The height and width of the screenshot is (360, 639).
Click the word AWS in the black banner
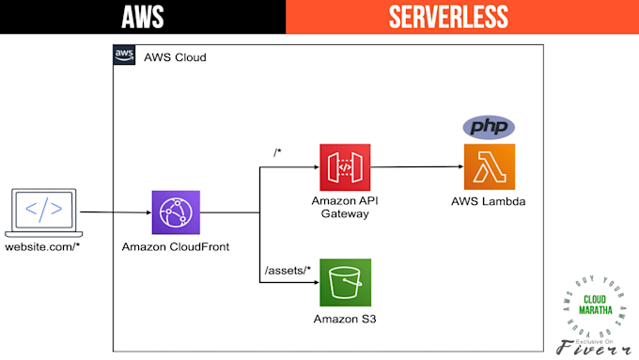click(x=143, y=16)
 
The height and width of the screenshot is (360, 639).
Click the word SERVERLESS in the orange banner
click(x=461, y=16)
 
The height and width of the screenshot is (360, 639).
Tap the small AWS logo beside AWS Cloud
click(x=124, y=55)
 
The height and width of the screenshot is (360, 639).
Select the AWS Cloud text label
click(x=175, y=58)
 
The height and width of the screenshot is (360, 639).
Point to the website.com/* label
click(x=43, y=248)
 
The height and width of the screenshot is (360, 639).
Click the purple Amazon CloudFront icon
click(x=177, y=213)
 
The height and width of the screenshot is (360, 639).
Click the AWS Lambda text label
click(x=489, y=203)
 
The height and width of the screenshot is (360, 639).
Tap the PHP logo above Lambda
click(x=490, y=127)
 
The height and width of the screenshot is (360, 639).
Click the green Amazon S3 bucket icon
click(x=345, y=281)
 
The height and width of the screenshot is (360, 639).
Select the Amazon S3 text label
click(x=345, y=318)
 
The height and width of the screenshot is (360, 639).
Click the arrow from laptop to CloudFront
click(x=115, y=212)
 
